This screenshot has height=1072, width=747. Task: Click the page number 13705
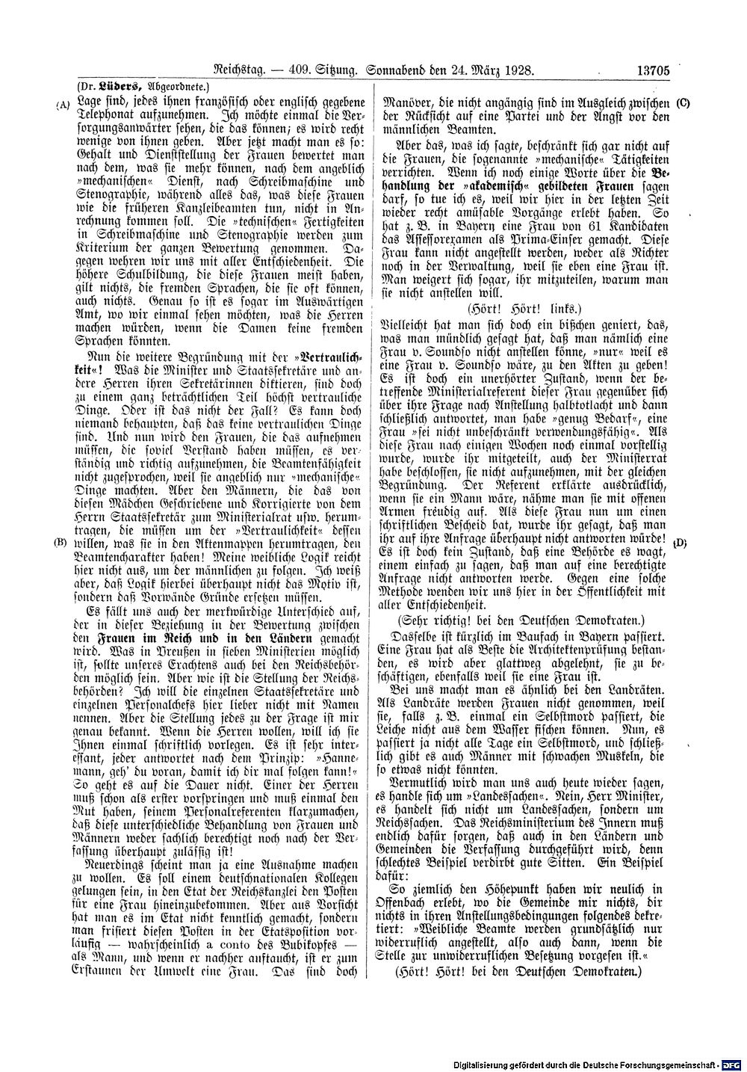[x=655, y=71]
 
